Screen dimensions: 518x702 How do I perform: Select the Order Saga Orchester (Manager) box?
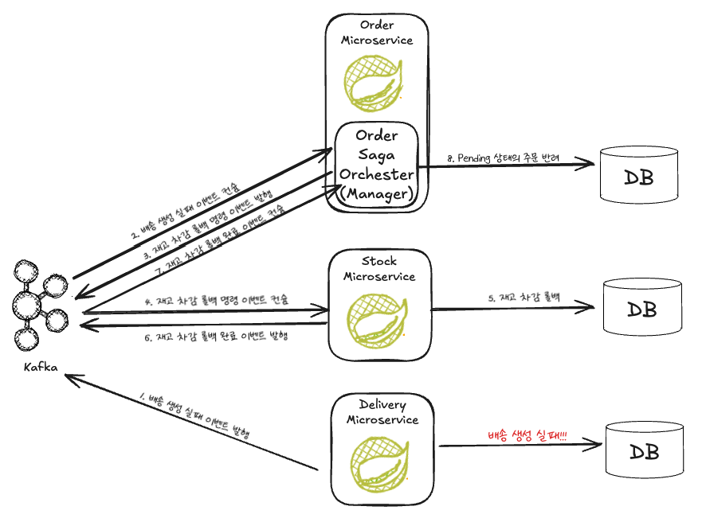[x=376, y=166]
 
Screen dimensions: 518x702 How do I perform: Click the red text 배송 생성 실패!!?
[x=527, y=437]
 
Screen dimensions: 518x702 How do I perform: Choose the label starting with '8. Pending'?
[x=504, y=158]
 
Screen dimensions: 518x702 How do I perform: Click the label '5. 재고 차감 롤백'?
[x=524, y=298]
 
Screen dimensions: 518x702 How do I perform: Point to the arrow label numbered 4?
[x=216, y=301]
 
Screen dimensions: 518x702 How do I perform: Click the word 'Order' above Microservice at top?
[x=377, y=25]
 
